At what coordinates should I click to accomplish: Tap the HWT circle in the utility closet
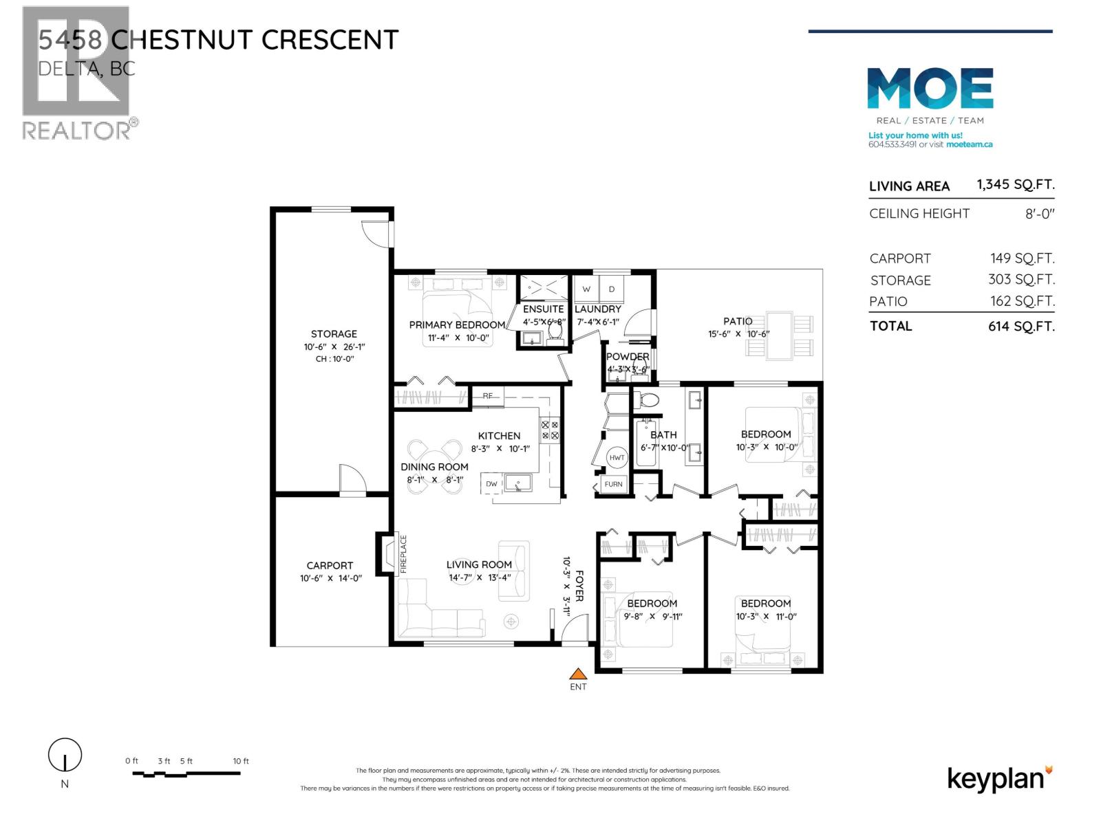[x=617, y=458]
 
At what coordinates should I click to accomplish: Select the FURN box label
[x=613, y=484]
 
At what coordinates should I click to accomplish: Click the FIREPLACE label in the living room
[x=404, y=554]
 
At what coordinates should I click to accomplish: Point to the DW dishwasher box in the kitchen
[x=491, y=484]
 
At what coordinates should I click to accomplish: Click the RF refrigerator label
[x=488, y=396]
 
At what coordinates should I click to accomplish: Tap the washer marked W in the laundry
[x=586, y=289]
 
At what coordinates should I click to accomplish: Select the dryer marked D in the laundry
[x=612, y=289]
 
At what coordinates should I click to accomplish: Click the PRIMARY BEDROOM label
[x=457, y=325]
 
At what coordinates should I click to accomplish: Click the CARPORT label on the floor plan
[x=330, y=566]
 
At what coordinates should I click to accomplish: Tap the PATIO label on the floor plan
[x=737, y=321]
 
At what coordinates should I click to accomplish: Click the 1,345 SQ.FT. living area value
[x=1015, y=185]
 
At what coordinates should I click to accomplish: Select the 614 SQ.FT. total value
[x=1020, y=327]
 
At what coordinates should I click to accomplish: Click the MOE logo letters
[x=930, y=88]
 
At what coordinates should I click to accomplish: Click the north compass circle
[x=65, y=756]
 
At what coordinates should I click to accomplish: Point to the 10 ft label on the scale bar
[x=241, y=761]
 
